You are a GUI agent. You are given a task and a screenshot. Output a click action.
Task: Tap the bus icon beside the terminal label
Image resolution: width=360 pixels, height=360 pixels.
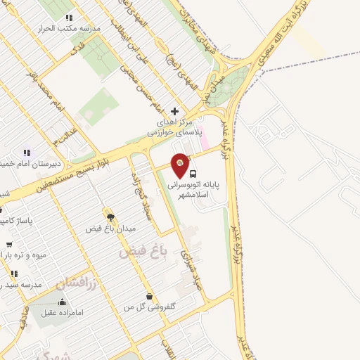coord(194,173)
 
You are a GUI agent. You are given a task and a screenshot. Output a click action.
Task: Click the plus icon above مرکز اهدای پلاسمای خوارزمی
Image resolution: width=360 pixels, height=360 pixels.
coord(175,111)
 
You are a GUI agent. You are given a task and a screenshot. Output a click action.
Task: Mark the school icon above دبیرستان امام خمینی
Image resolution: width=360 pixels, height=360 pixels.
coord(27,153)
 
